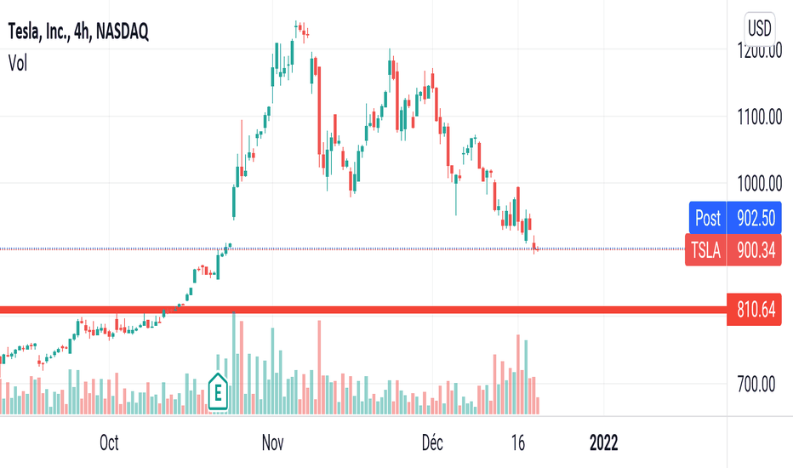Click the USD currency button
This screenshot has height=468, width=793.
(759, 27)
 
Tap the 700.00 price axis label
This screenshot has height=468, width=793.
(760, 385)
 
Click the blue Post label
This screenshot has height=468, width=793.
(707, 218)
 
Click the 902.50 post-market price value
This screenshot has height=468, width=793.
(756, 218)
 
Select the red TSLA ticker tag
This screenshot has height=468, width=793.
(705, 248)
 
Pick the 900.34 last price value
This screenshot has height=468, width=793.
(756, 248)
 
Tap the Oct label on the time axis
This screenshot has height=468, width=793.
(108, 442)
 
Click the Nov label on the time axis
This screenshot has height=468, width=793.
(272, 442)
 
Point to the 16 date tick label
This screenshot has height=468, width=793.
(517, 442)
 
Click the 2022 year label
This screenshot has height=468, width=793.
(603, 442)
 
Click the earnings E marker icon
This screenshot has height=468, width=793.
(218, 392)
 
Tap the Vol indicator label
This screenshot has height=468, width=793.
(18, 62)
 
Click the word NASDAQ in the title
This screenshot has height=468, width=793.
(123, 32)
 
